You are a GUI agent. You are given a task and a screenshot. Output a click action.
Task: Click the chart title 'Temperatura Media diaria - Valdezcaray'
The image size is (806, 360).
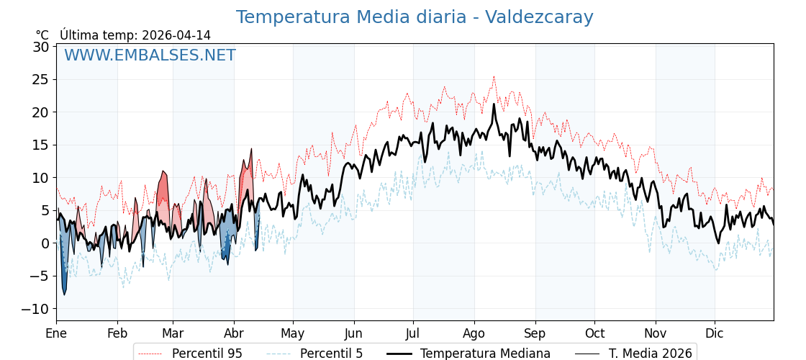pos(415,17)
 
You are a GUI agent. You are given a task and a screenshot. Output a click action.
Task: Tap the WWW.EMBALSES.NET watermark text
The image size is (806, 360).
pos(150,55)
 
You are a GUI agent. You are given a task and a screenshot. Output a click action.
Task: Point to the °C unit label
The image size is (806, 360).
pos(42,35)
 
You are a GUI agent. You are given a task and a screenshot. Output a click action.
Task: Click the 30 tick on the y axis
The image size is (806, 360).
pos(40,47)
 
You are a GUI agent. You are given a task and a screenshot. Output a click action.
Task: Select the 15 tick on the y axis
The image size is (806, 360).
pos(40,145)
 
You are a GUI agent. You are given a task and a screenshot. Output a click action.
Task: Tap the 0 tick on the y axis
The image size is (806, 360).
pos(45,243)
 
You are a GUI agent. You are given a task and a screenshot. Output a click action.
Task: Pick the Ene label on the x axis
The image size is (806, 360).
pos(56,333)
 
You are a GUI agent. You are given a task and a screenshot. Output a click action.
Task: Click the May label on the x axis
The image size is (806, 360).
pos(293,333)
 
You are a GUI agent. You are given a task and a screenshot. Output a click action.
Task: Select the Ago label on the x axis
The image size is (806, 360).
pos(474,333)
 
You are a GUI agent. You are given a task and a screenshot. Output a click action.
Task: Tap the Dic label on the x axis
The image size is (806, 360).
pos(715,333)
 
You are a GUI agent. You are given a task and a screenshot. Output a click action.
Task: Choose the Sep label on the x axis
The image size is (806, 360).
pos(535,333)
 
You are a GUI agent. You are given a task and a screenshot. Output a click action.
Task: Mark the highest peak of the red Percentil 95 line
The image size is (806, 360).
pos(494,76)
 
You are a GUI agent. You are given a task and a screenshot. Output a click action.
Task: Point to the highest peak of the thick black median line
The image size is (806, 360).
pos(494,104)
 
